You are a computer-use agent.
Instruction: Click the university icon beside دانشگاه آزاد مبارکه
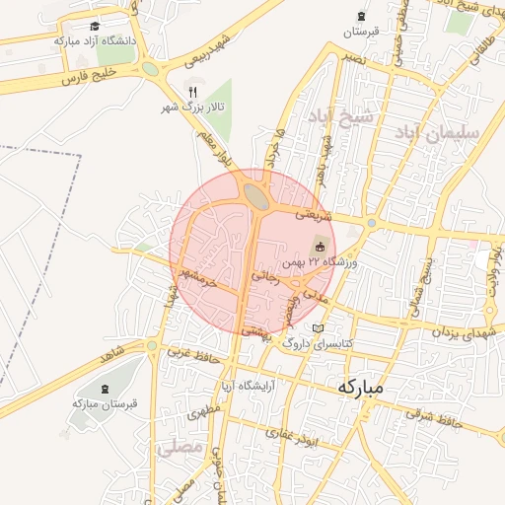click(x=94, y=27)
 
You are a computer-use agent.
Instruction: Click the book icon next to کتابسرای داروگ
click(x=317, y=328)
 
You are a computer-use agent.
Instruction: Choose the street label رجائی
click(x=266, y=277)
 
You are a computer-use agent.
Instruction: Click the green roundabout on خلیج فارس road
click(x=150, y=69)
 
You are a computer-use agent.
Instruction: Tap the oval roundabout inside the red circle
click(x=256, y=195)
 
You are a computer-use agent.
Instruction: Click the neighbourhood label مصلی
click(x=178, y=449)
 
